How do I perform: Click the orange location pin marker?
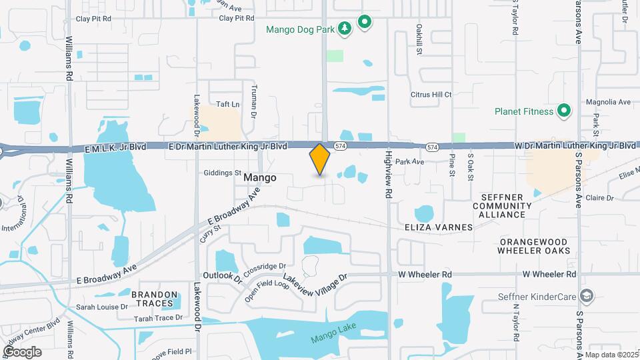(320, 159)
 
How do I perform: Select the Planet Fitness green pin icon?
(564, 111)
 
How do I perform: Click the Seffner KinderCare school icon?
(587, 296)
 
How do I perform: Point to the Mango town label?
(260, 178)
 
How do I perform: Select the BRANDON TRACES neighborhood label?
(155, 299)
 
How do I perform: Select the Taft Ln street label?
(227, 105)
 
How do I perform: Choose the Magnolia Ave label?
(608, 102)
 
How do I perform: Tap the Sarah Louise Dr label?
(101, 307)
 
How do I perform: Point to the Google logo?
(22, 351)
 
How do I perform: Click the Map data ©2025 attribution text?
(611, 355)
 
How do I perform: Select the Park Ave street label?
(409, 161)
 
